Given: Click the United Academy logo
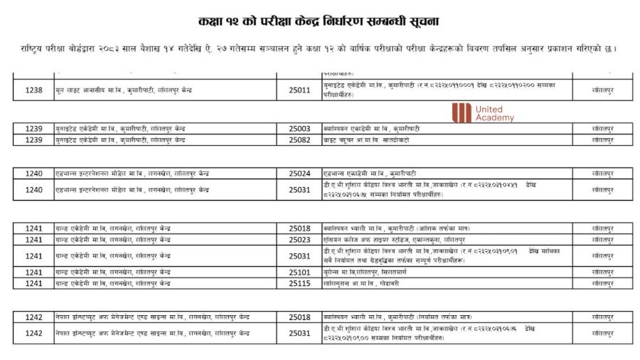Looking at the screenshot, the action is pyautogui.click(x=483, y=112).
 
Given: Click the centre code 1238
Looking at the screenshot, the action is pyautogui.click(x=33, y=90).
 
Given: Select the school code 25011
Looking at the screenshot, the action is pyautogui.click(x=299, y=90).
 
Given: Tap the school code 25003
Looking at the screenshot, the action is pyautogui.click(x=299, y=129).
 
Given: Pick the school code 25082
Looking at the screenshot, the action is pyautogui.click(x=299, y=140).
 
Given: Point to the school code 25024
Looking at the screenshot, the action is pyautogui.click(x=299, y=174).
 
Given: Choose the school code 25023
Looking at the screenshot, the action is pyautogui.click(x=299, y=240).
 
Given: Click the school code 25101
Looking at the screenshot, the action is pyautogui.click(x=299, y=272).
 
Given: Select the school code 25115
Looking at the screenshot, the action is pyautogui.click(x=299, y=284).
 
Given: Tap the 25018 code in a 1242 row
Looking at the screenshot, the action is pyautogui.click(x=299, y=317).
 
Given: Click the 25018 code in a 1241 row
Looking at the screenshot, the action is pyautogui.click(x=299, y=228).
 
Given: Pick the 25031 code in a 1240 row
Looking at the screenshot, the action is pyautogui.click(x=299, y=190).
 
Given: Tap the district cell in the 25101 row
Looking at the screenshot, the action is pyautogui.click(x=602, y=272).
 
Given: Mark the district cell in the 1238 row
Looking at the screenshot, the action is pyautogui.click(x=602, y=90).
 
